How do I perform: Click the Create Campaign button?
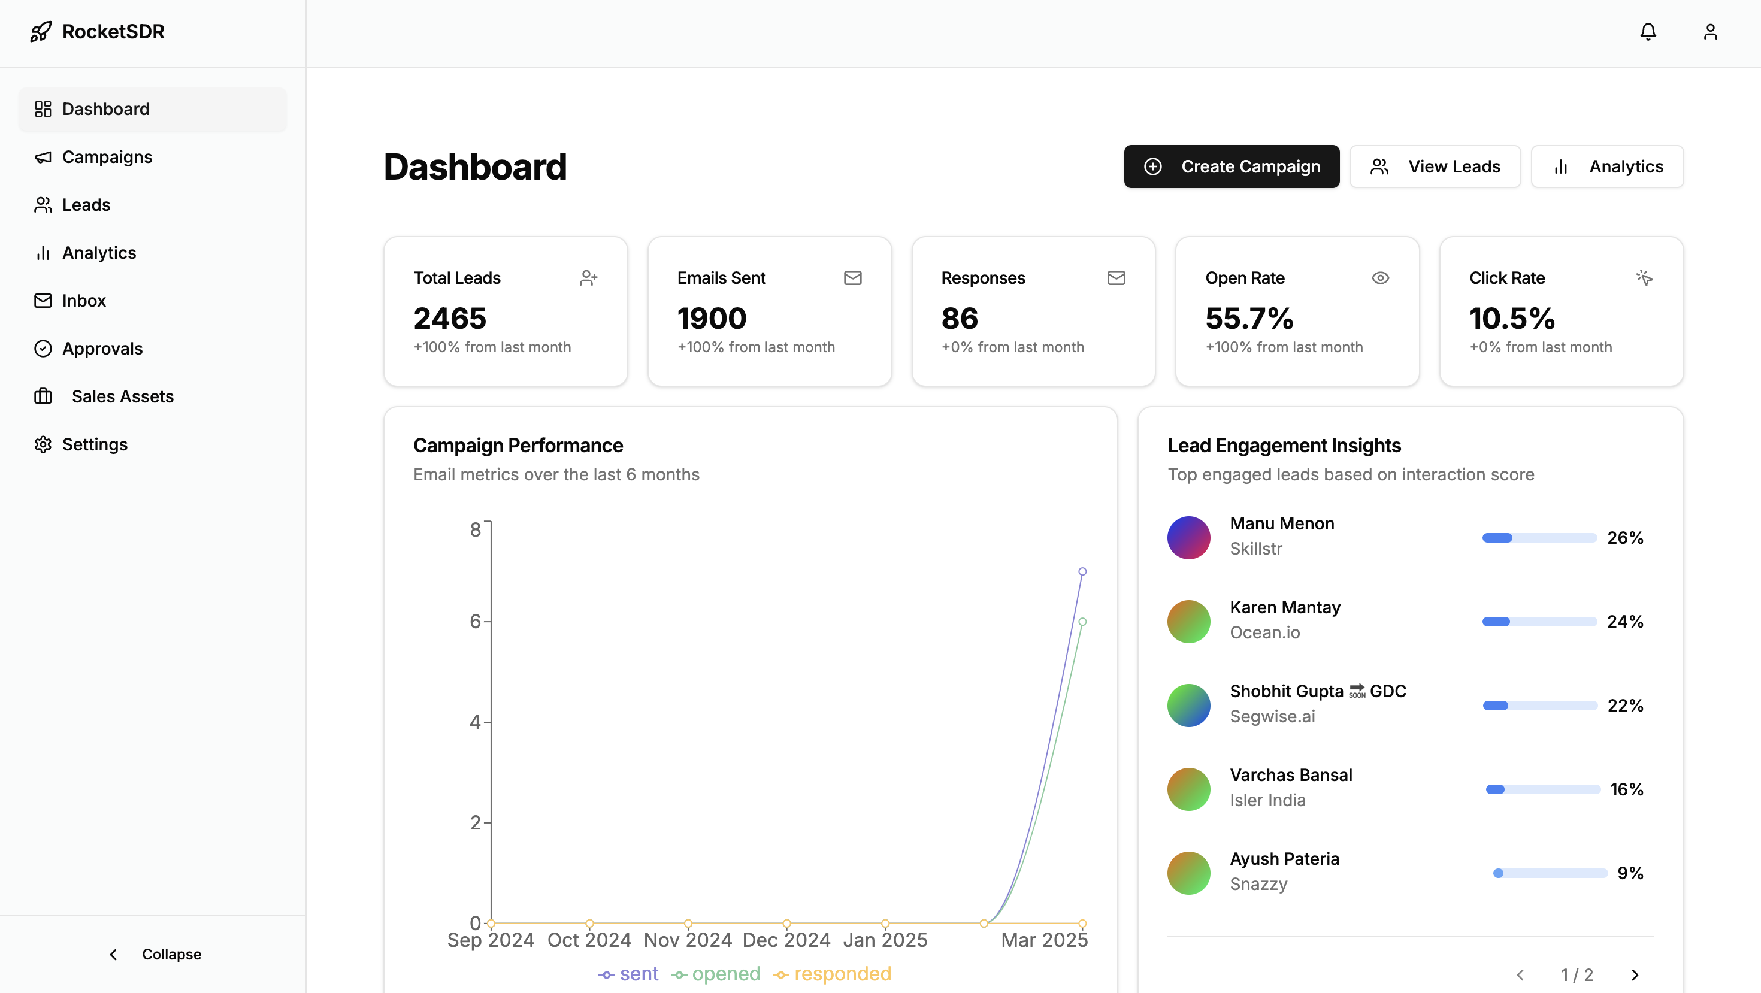point(1231,166)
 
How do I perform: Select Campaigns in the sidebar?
point(107,157)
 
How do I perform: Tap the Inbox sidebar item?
point(83,301)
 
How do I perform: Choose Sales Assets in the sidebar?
point(122,396)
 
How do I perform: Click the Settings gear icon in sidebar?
point(43,444)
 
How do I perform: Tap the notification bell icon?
point(1648,31)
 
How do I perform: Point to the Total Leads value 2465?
point(449,319)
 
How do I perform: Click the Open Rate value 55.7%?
point(1249,319)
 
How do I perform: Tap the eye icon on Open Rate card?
point(1379,277)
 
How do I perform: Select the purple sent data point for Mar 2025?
point(1082,571)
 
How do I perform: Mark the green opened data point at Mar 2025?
point(1082,622)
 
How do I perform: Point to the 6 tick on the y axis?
point(475,621)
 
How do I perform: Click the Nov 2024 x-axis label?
point(688,940)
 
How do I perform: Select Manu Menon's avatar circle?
point(1189,537)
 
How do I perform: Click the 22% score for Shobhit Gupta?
point(1625,706)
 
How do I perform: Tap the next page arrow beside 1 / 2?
point(1635,974)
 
